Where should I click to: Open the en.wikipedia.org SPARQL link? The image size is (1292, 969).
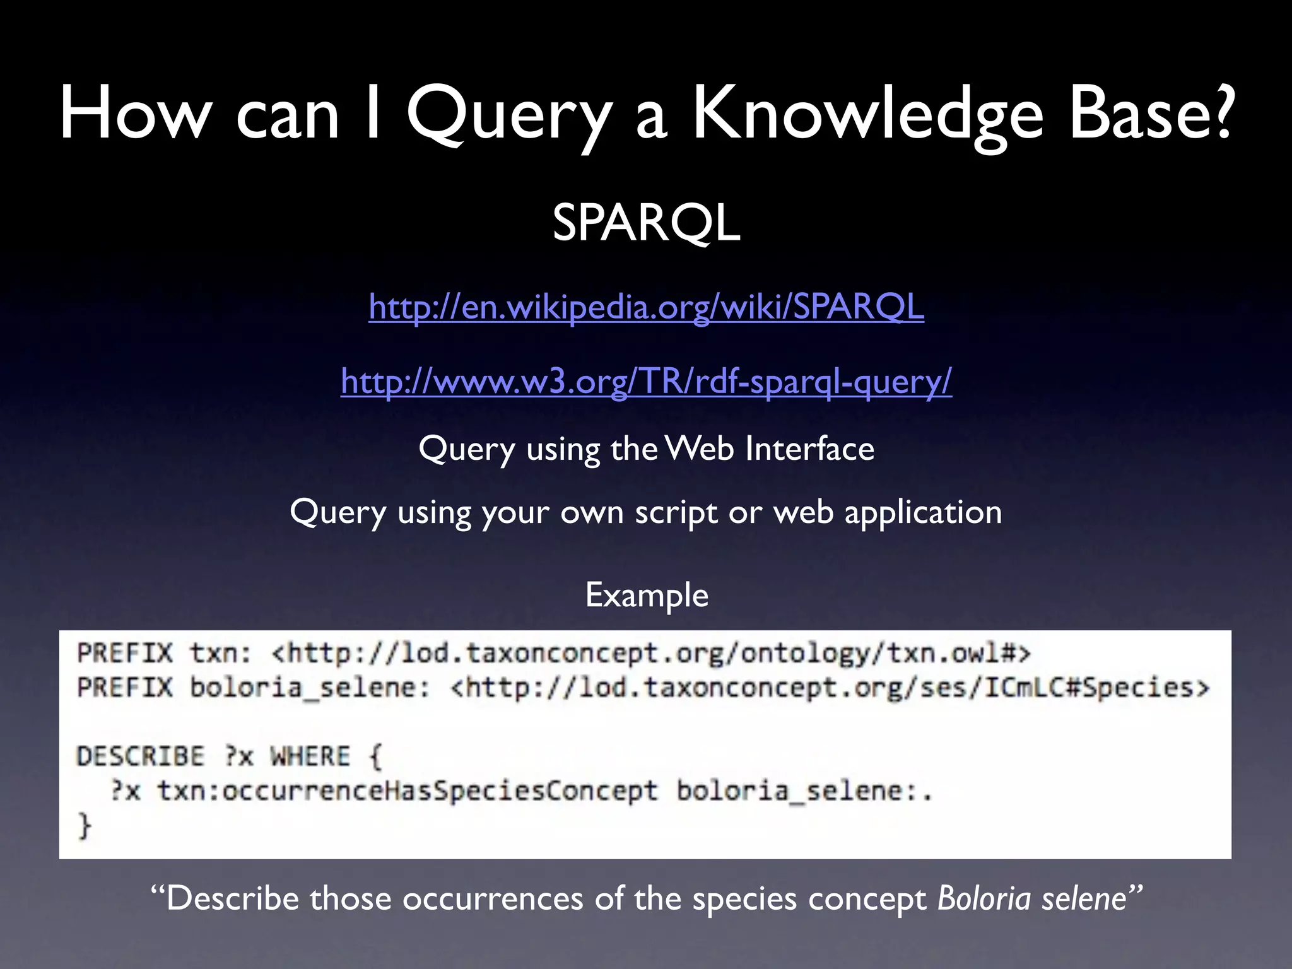click(646, 307)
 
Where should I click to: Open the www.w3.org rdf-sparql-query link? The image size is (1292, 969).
click(646, 381)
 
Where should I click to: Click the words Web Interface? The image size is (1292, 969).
click(770, 449)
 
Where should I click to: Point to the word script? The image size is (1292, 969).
click(676, 512)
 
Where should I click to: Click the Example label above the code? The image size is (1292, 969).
click(647, 595)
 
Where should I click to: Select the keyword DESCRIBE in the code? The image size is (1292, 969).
click(141, 756)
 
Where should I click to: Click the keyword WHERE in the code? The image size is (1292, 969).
click(310, 756)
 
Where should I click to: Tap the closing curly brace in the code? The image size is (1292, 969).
click(84, 825)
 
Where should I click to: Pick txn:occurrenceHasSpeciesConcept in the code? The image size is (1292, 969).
click(407, 790)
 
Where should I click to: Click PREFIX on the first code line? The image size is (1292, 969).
click(124, 653)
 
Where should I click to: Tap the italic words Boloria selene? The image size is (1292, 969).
click(1032, 898)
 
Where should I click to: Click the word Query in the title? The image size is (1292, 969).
click(508, 115)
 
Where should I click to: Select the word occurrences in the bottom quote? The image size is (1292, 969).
click(493, 898)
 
